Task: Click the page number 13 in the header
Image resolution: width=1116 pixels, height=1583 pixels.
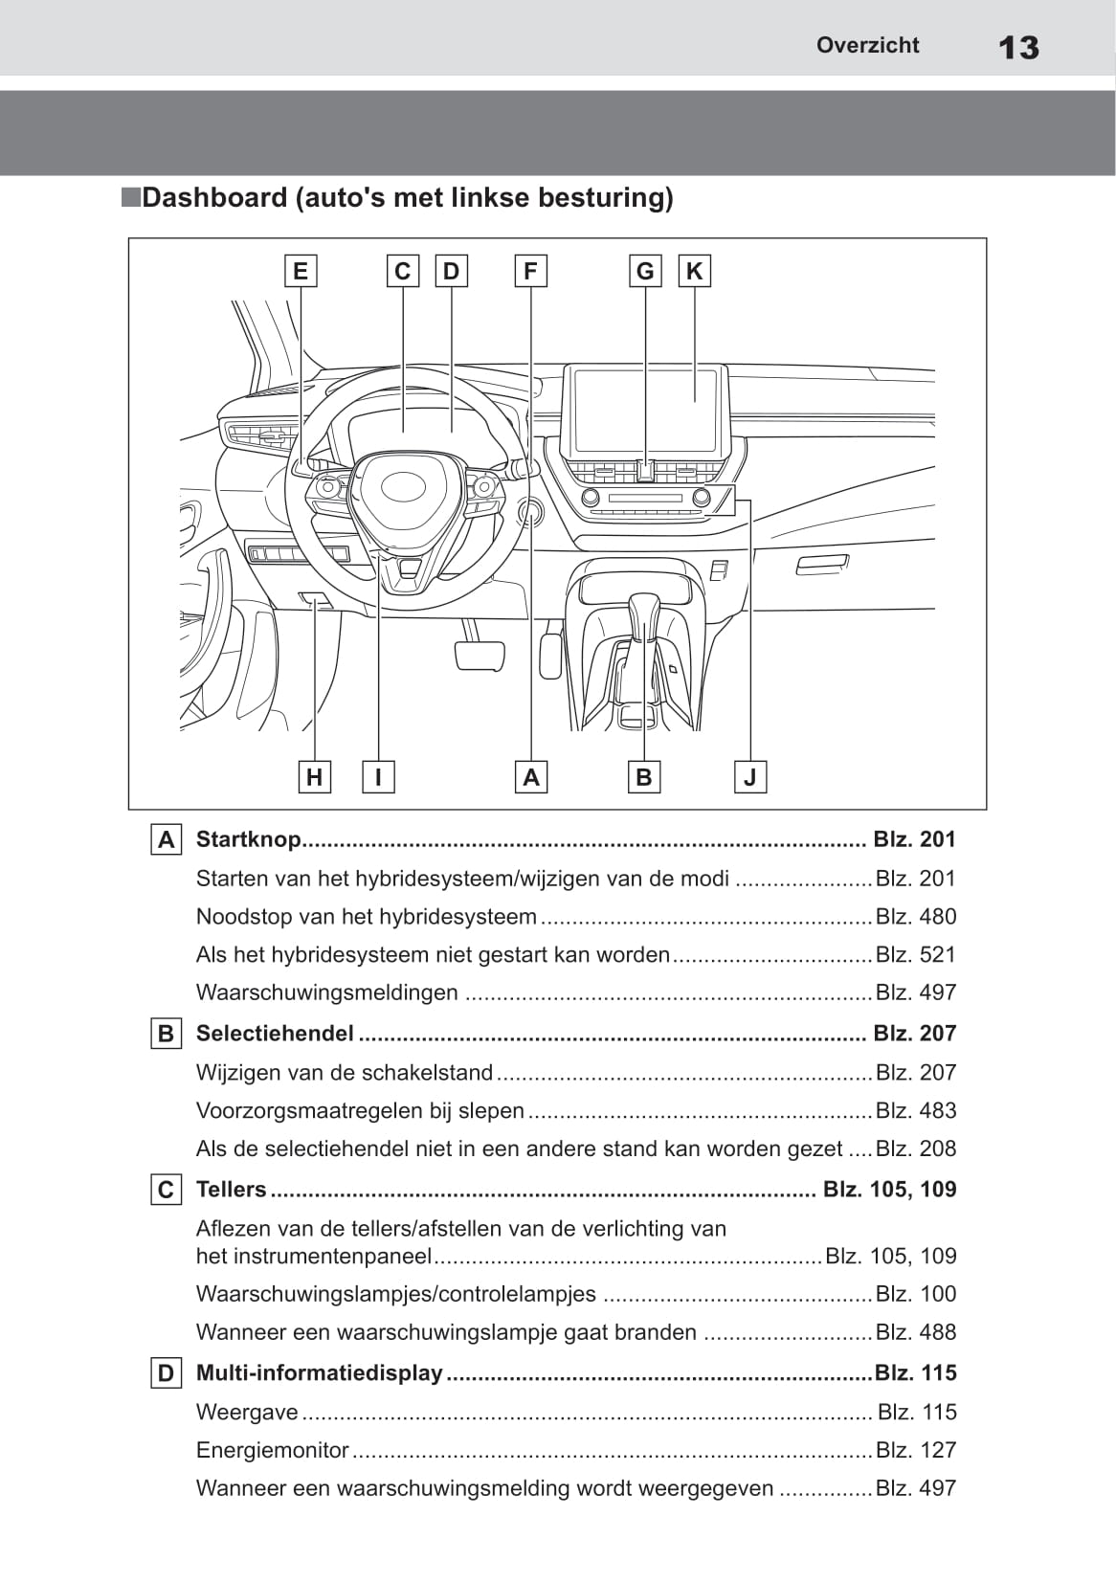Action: point(1018,48)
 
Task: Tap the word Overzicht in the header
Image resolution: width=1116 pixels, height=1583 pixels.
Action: point(867,45)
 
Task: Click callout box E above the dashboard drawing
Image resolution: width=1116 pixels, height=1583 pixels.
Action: point(301,272)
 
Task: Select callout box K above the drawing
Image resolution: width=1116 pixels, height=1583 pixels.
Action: point(694,272)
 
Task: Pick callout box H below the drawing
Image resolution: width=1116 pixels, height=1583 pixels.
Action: point(314,777)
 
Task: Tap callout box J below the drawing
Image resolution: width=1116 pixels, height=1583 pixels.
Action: point(750,777)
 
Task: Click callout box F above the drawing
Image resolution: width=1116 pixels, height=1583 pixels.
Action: point(530,272)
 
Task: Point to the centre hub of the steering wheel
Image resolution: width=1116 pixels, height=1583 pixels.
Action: point(403,487)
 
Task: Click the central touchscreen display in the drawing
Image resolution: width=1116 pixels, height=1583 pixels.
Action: point(645,410)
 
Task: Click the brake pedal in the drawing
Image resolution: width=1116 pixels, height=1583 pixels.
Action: point(480,655)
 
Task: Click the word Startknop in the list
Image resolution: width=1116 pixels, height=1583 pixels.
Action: point(248,839)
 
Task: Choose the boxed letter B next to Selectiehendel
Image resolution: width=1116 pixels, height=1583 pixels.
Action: point(167,1034)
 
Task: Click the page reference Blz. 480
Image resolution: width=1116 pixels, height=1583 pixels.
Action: point(916,917)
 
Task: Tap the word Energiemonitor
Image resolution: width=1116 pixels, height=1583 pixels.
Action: point(272,1450)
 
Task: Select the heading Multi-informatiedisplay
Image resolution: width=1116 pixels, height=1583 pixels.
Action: point(319,1372)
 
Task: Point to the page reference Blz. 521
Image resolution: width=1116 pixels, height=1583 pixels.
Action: point(916,954)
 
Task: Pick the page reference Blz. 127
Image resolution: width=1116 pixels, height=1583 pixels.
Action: point(916,1450)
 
